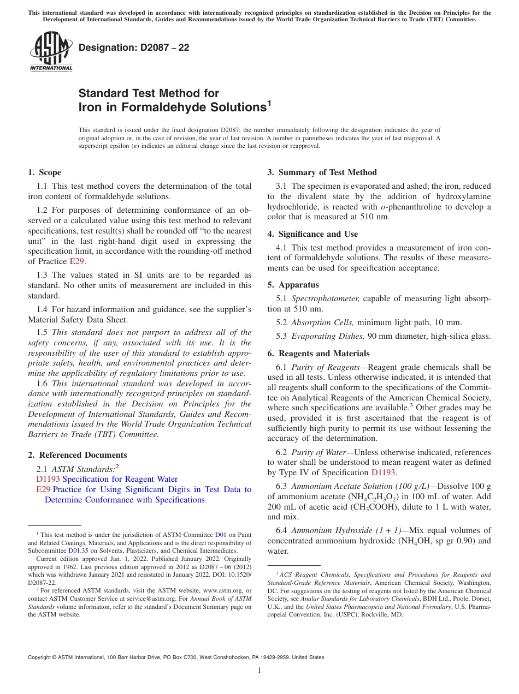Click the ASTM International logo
click(51, 52)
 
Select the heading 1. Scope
click(45, 172)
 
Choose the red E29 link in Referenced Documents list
click(43, 489)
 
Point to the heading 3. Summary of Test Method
click(322, 172)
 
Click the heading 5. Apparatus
click(293, 285)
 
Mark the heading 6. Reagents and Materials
click(319, 354)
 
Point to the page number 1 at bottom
click(259, 671)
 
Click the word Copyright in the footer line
click(40, 657)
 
